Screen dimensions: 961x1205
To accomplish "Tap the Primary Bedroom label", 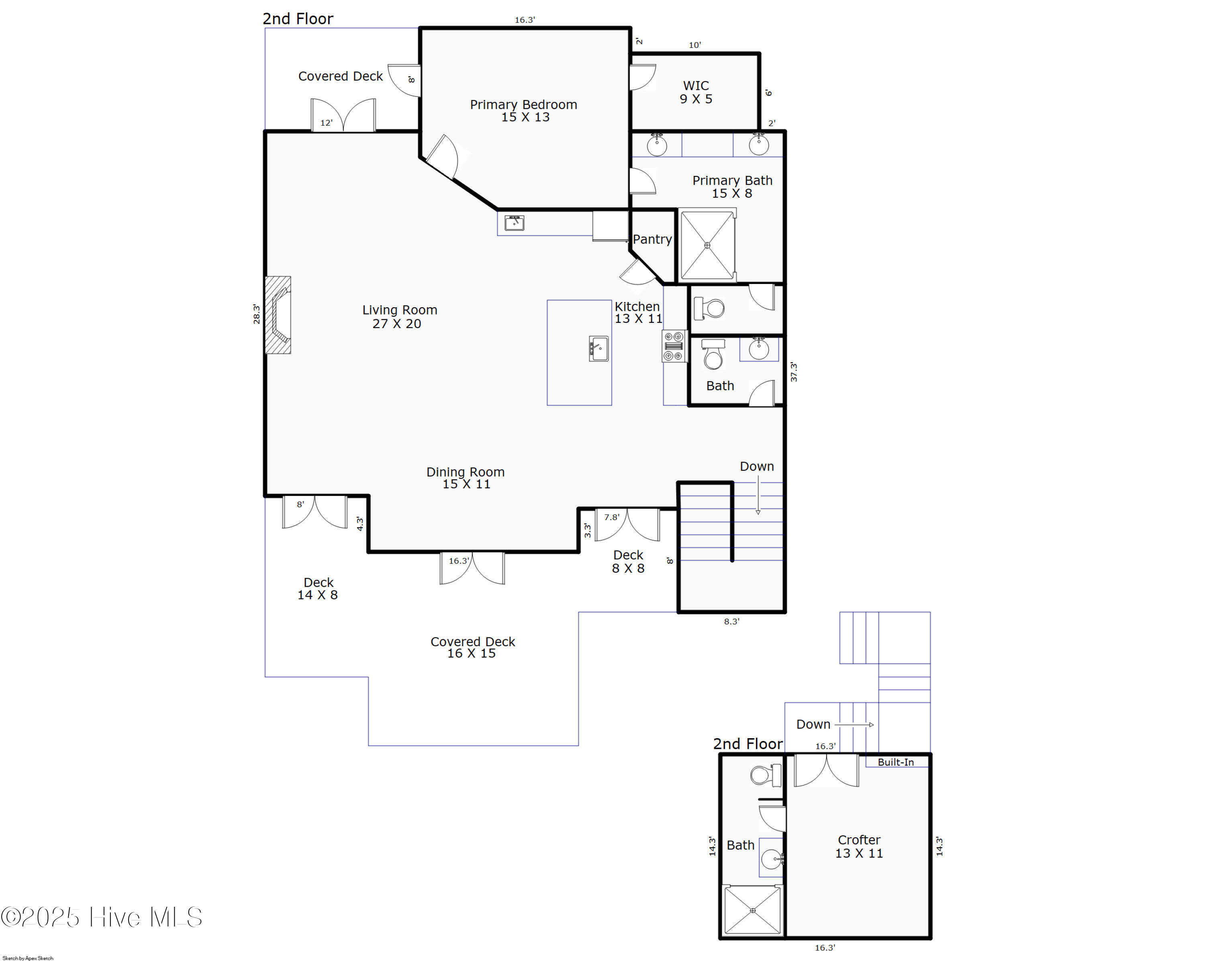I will pyautogui.click(x=524, y=110).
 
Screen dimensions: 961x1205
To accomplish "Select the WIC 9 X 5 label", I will pyautogui.click(x=696, y=92).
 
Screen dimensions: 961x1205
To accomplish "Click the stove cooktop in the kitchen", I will pyautogui.click(x=674, y=347).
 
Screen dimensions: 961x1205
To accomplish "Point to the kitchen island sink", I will pyautogui.click(x=598, y=349).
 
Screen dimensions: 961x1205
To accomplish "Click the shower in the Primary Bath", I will pyautogui.click(x=707, y=245).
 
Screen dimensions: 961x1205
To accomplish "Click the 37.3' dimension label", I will pyautogui.click(x=794, y=372).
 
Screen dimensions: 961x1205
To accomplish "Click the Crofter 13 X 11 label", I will pyautogui.click(x=859, y=847).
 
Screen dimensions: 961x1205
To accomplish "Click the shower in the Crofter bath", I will pyautogui.click(x=752, y=910).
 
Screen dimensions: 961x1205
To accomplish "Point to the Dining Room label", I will pyautogui.click(x=466, y=478).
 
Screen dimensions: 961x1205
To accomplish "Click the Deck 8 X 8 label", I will pyautogui.click(x=628, y=561).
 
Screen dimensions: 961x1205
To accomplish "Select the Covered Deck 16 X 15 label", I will pyautogui.click(x=472, y=647).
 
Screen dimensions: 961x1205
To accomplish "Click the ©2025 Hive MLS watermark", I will pyautogui.click(x=102, y=917).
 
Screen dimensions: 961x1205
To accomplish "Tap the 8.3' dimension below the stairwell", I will pyautogui.click(x=731, y=621).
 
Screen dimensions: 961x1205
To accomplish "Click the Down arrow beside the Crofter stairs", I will pyautogui.click(x=854, y=724).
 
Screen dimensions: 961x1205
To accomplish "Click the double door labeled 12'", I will pyautogui.click(x=343, y=116).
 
